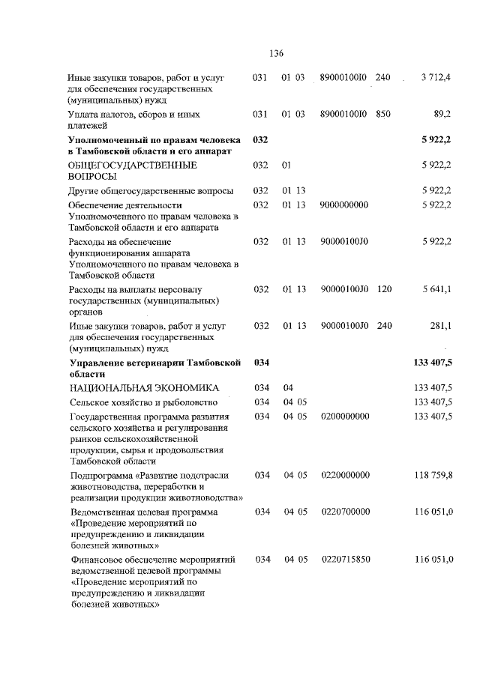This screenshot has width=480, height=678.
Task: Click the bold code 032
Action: point(260,139)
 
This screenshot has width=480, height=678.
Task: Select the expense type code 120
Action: point(384,289)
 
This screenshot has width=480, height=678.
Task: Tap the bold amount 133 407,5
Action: point(432,363)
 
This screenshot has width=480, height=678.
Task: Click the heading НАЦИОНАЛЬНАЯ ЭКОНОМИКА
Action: point(143,388)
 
